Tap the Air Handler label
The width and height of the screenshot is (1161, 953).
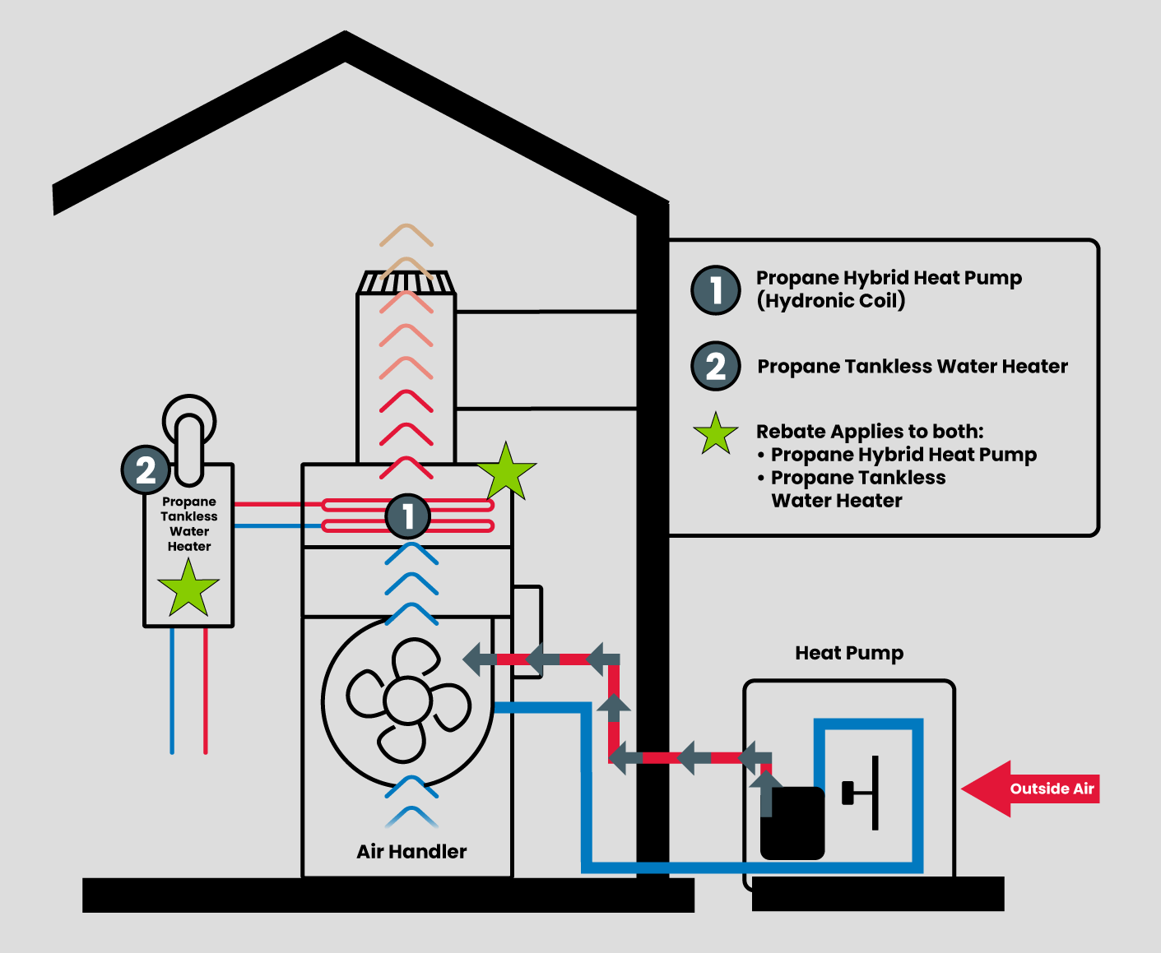coord(411,852)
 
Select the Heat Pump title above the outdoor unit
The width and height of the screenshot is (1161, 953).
coord(849,654)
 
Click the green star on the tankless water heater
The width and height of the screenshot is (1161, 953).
coord(188,589)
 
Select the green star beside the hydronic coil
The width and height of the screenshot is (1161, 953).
coord(506,472)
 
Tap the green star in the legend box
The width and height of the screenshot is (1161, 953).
coord(716,434)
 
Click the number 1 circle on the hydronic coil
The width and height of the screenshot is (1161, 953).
coord(408,516)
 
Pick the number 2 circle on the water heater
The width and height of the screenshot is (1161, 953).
coord(146,470)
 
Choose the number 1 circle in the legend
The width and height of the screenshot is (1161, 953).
coord(716,290)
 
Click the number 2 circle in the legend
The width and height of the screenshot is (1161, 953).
coord(716,366)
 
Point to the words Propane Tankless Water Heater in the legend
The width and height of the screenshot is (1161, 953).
coord(913,367)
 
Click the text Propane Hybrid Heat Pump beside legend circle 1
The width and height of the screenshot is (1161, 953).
coord(889,279)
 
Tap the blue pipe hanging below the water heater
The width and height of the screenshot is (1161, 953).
coord(172,691)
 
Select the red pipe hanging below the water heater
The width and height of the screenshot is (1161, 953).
coord(206,691)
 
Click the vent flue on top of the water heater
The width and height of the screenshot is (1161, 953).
coord(189,436)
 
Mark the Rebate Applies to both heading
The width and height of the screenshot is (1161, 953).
coord(870,432)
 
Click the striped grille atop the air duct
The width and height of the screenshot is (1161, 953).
coord(406,284)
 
